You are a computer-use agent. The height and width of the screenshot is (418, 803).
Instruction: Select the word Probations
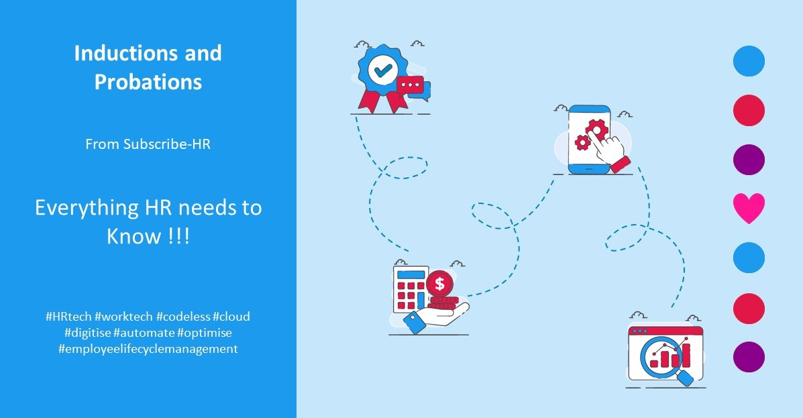pyautogui.click(x=148, y=82)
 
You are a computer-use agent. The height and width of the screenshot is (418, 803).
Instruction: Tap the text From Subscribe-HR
pyautogui.click(x=148, y=144)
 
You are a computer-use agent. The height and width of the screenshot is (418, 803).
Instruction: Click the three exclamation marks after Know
pyautogui.click(x=178, y=236)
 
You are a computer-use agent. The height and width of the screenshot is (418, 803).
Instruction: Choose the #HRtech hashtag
pyautogui.click(x=68, y=317)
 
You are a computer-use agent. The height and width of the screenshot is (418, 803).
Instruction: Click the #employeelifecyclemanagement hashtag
pyautogui.click(x=148, y=349)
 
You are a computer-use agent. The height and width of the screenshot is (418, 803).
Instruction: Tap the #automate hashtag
pyautogui.click(x=144, y=333)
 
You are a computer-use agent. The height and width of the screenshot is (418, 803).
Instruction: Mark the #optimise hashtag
pyautogui.click(x=205, y=333)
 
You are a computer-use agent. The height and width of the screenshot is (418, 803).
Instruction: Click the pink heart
pyautogui.click(x=749, y=207)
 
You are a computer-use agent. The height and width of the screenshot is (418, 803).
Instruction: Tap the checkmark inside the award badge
pyautogui.click(x=382, y=70)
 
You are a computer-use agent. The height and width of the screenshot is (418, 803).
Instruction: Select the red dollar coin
pyautogui.click(x=439, y=283)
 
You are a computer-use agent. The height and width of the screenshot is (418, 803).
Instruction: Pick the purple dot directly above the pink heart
pyautogui.click(x=749, y=159)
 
